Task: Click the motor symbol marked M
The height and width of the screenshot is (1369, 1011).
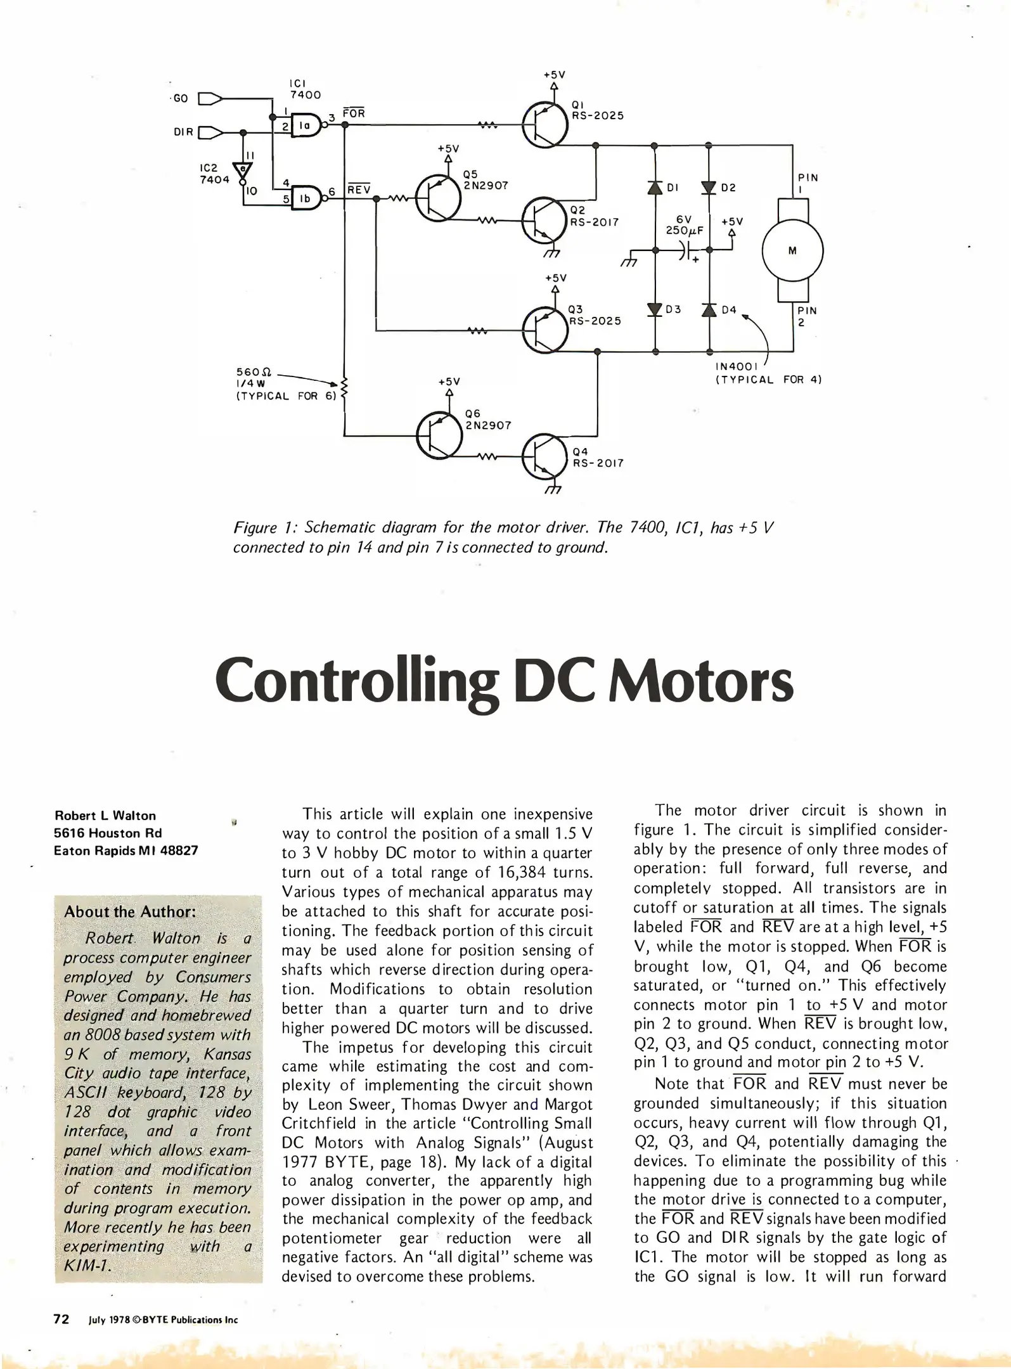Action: click(x=792, y=250)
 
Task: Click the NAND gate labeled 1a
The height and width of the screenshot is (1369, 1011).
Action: click(x=306, y=125)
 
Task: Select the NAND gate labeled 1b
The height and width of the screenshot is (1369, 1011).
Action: click(x=306, y=198)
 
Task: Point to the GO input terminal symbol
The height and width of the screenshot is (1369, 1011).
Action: click(x=210, y=99)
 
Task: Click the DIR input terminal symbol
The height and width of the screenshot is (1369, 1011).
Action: click(x=210, y=132)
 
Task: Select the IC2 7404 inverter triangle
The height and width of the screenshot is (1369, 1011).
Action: click(x=243, y=170)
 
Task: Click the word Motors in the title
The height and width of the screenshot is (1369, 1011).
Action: click(x=700, y=682)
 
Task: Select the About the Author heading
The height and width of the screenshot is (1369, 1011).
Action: click(x=130, y=911)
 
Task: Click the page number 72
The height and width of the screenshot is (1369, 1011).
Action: click(x=61, y=1319)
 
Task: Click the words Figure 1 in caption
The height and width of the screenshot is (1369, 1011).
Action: click(x=262, y=528)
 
